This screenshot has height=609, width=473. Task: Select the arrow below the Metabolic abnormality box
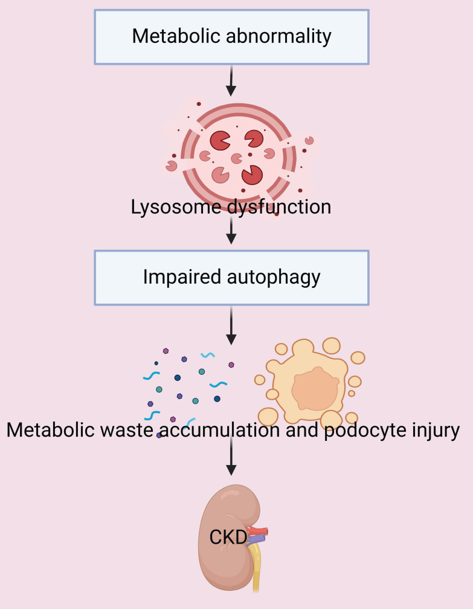pos(231,82)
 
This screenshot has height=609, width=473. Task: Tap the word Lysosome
pos(166,207)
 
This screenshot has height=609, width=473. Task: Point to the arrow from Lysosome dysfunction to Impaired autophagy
pos(231,231)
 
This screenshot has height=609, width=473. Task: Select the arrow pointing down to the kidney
pos(231,457)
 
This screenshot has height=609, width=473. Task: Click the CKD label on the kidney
pos(228,536)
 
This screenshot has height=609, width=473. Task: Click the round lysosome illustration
pos(238,151)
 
